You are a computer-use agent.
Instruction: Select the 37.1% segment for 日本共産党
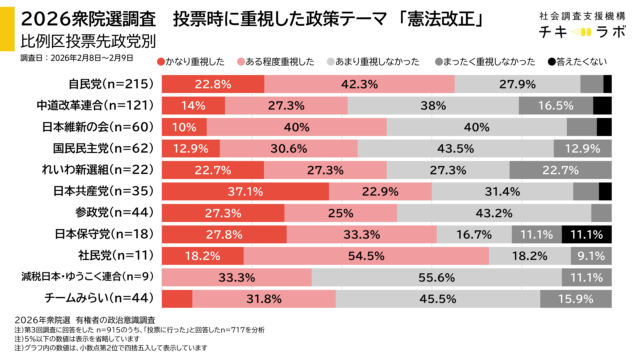(245, 191)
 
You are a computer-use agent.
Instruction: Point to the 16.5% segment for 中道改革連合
(555, 105)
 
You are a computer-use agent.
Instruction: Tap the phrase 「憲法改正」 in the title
(416, 18)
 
